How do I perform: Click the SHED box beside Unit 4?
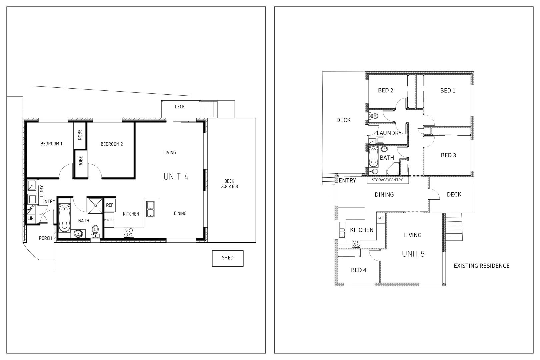click(228, 258)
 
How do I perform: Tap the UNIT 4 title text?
click(176, 177)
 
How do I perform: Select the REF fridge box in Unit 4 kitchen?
click(110, 205)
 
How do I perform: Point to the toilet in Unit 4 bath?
click(96, 230)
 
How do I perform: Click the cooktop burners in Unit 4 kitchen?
click(129, 232)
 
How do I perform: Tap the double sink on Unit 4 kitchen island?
click(150, 209)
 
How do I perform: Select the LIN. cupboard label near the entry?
click(31, 218)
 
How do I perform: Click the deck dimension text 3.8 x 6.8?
click(229, 187)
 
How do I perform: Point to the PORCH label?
click(45, 238)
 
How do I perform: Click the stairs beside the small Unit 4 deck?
click(209, 109)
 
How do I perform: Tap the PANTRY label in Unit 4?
click(109, 220)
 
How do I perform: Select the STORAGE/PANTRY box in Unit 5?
click(387, 180)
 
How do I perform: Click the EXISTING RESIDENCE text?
click(481, 266)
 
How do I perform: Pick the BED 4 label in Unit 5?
click(358, 270)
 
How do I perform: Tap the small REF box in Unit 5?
click(381, 218)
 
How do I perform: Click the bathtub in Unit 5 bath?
click(373, 156)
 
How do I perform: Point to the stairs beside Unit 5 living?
click(454, 227)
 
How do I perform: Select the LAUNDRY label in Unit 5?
click(389, 133)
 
